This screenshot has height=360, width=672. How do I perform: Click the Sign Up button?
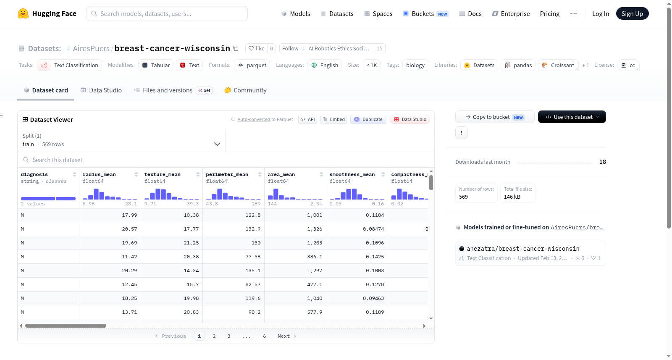point(632,13)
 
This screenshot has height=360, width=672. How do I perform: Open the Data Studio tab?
point(101,90)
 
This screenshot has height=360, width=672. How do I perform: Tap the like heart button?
point(257,48)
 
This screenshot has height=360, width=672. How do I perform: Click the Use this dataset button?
point(572,117)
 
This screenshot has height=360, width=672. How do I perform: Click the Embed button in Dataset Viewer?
point(333,119)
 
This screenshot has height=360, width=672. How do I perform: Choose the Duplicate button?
point(368,119)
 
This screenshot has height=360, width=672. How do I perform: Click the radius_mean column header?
point(99,174)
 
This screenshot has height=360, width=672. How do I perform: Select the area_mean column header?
point(281,174)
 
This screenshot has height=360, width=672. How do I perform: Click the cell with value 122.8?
point(234,215)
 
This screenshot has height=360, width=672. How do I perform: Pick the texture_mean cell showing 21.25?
point(172,243)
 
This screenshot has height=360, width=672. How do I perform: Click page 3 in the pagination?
point(229,336)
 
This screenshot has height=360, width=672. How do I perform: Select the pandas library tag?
point(518,65)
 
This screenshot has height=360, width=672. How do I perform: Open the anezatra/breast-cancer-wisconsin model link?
point(523,249)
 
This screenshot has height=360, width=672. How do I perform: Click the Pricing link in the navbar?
point(550,13)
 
